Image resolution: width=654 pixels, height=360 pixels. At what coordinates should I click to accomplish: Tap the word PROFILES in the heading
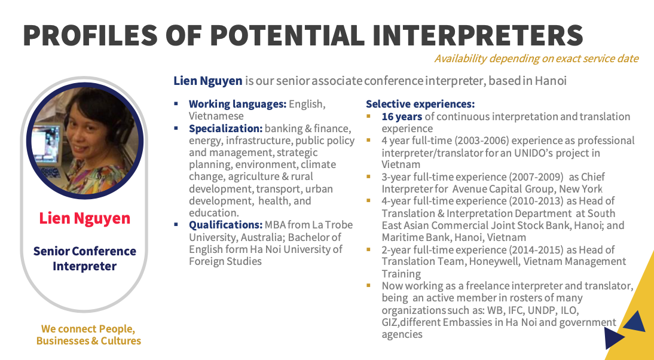90,35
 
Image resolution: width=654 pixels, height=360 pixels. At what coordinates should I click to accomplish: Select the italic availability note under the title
536,59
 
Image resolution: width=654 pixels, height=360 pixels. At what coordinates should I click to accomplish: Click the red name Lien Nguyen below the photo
85,218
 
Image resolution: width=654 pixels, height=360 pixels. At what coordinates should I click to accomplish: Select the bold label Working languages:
238,104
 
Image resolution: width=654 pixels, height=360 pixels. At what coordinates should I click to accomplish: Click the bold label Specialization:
225,129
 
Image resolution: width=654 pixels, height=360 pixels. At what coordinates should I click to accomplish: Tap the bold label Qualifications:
225,225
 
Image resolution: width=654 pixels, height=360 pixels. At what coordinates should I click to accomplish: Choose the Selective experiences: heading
420,104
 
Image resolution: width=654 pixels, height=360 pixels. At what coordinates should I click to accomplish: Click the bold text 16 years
402,117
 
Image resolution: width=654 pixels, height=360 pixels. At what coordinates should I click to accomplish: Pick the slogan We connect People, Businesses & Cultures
88,335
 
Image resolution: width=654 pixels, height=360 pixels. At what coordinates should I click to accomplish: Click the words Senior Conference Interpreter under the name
85,258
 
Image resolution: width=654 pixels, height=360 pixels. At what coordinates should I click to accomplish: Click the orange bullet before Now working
368,286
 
